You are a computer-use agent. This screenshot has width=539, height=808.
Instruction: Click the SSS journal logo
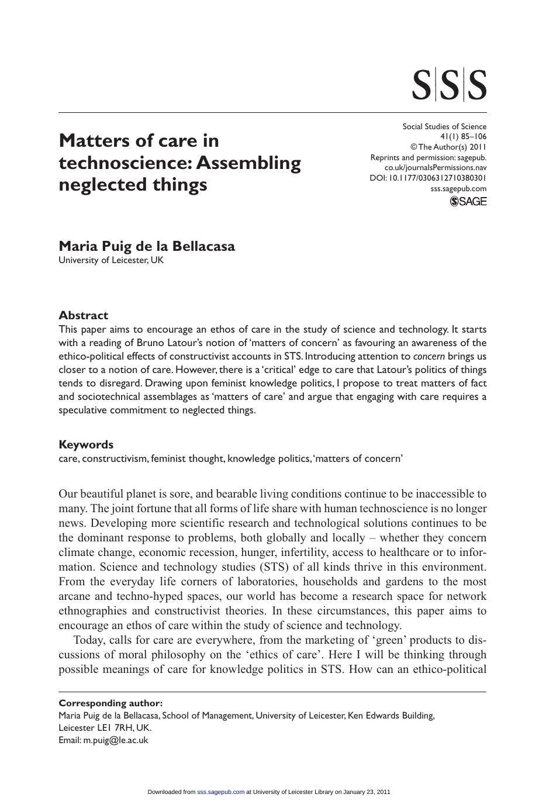pos(449,85)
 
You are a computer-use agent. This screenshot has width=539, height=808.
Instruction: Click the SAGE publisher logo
pos(468,201)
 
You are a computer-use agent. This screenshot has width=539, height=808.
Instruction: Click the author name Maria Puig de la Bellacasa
pos(147,246)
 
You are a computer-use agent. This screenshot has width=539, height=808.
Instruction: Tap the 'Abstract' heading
pos(83,315)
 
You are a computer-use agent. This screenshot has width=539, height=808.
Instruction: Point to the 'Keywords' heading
pos(86,444)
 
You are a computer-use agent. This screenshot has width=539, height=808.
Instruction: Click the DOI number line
pos(428,178)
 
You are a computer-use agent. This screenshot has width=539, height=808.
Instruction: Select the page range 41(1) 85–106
pos(463,137)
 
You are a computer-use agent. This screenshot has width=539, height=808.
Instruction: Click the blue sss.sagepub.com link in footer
pos(221,792)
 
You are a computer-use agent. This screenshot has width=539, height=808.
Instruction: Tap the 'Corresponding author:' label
pos(110,703)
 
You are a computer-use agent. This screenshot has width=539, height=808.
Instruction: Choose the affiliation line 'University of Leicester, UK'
pos(111,260)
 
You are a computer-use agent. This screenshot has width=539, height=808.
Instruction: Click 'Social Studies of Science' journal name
pos(444,126)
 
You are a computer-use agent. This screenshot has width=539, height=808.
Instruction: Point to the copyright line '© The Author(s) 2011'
pos(448,147)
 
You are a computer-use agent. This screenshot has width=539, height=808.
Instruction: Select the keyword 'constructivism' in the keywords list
pos(115,458)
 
